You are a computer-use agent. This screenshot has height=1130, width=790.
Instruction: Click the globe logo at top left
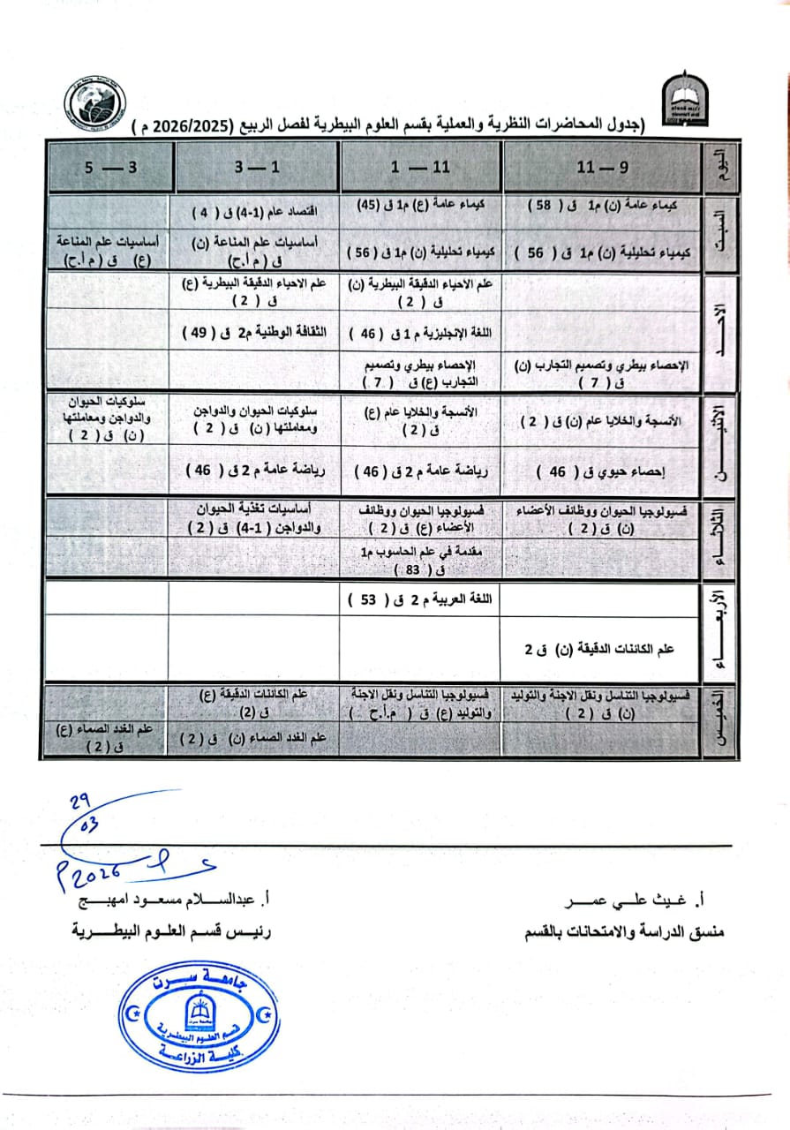[x=95, y=104]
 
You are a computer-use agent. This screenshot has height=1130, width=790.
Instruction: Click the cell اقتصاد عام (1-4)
[x=256, y=211]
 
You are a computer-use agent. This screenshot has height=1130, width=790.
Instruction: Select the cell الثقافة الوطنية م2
[x=256, y=333]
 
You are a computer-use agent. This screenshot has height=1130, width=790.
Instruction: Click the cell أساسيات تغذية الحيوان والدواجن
[x=256, y=518]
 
